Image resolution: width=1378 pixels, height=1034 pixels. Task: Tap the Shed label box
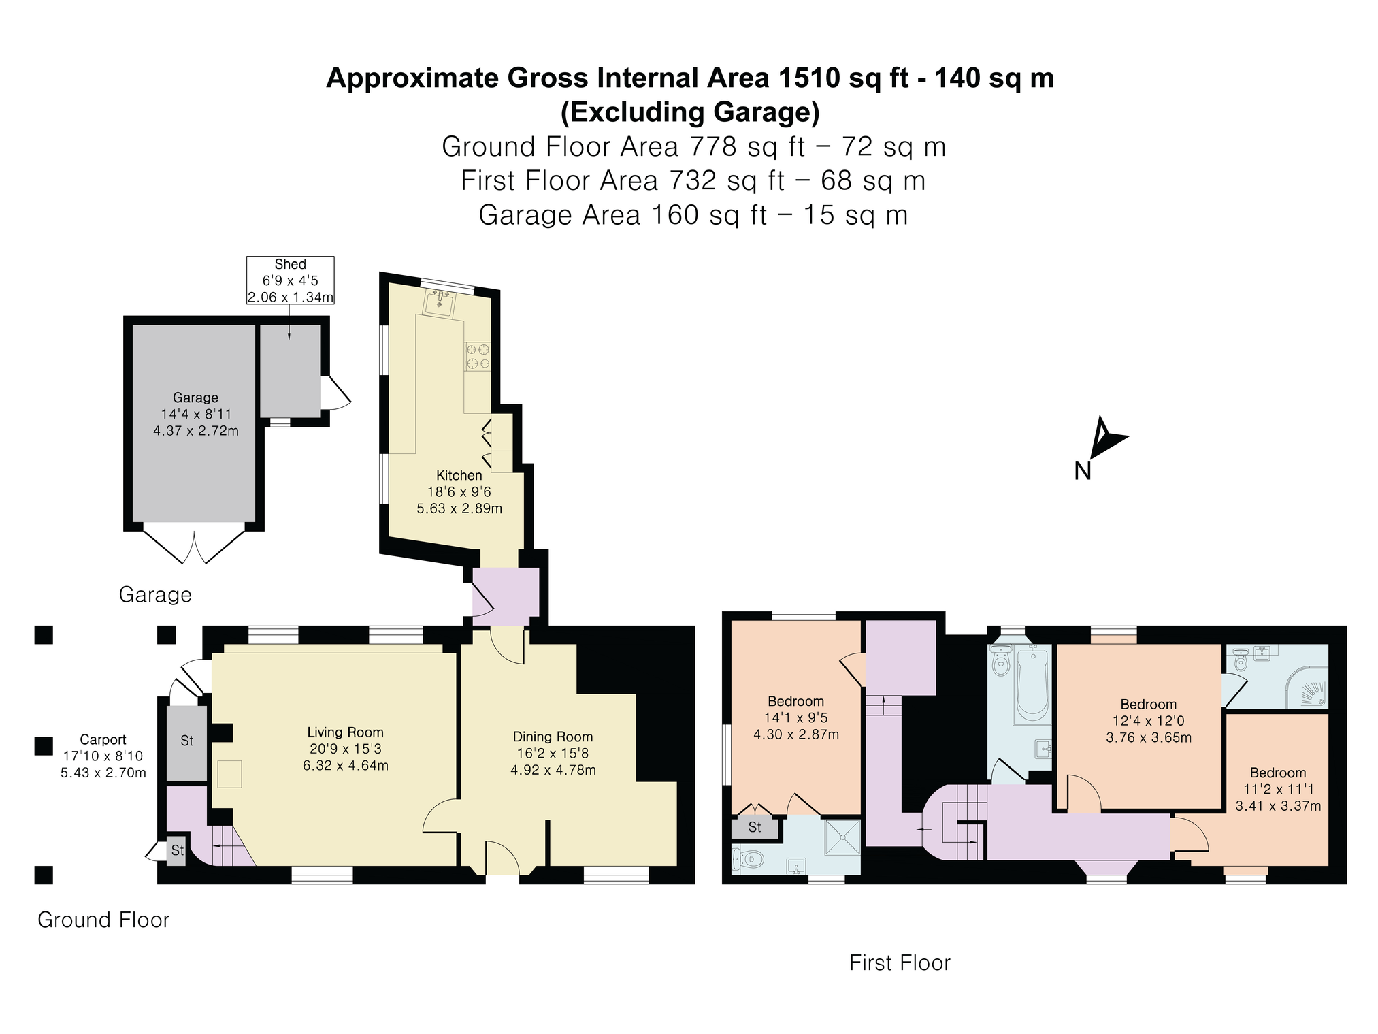[x=290, y=280]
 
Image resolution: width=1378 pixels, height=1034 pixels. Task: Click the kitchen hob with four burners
[x=477, y=356]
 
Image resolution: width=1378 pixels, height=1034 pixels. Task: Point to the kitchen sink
[x=440, y=303]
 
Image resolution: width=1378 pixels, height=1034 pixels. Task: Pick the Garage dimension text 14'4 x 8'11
[x=196, y=414]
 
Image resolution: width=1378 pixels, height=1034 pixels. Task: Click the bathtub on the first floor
[x=1033, y=684]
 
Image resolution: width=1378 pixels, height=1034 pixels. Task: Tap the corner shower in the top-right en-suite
[x=1307, y=686]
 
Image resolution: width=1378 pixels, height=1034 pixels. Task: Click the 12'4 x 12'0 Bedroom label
[x=1149, y=721]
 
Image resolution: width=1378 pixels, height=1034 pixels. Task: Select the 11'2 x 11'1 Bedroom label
[x=1278, y=789]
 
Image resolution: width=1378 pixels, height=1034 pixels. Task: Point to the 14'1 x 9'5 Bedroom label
[x=796, y=717]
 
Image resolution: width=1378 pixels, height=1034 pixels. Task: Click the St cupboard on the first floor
[x=755, y=828]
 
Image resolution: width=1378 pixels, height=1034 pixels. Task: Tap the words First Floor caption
[x=900, y=963]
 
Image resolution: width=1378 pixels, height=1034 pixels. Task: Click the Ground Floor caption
[x=103, y=920]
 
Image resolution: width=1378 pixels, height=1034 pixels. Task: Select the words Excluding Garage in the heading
[x=690, y=112]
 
